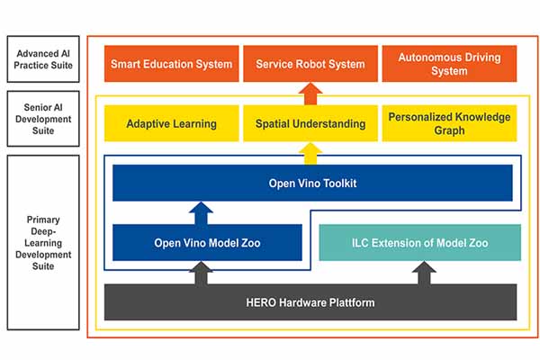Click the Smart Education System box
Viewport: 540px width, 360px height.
point(172,64)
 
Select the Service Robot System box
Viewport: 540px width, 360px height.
point(310,64)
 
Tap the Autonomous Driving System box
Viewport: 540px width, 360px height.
point(449,64)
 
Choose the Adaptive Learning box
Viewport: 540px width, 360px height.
point(172,123)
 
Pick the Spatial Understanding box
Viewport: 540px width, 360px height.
point(310,123)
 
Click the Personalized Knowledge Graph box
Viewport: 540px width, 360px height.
point(449,123)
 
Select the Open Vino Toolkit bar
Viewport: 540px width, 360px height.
point(312,183)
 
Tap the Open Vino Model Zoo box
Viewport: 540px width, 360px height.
point(207,242)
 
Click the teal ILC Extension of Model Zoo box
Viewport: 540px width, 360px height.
point(419,242)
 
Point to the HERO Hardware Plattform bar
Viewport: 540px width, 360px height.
point(310,302)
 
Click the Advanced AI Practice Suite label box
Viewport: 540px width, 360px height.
point(43,58)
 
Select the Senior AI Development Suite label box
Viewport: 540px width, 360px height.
point(43,119)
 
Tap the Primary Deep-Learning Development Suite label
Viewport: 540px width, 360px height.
point(43,242)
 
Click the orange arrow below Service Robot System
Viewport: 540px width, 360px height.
point(310,94)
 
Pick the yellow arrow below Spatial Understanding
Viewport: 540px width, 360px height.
point(310,154)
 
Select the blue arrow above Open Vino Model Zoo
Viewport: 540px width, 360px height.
point(201,213)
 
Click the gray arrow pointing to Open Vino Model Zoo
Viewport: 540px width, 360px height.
point(201,273)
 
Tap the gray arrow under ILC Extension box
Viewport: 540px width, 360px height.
point(424,273)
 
